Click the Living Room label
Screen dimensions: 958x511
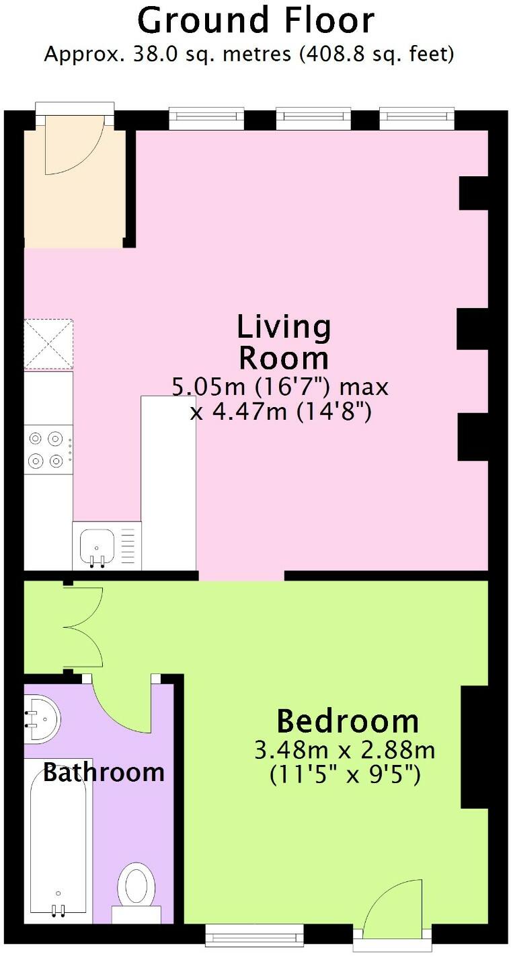click(x=284, y=342)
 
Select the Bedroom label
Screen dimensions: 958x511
click(x=348, y=721)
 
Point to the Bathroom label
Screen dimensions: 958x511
click(x=104, y=772)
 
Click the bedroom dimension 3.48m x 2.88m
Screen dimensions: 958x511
click(x=345, y=749)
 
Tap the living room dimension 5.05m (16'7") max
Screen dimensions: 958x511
click(x=280, y=388)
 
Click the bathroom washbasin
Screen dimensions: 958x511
click(x=40, y=718)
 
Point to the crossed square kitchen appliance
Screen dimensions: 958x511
click(x=48, y=344)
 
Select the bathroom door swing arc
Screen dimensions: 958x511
click(x=121, y=706)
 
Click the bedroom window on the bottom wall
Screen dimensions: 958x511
click(x=254, y=934)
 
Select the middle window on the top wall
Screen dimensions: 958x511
click(x=313, y=119)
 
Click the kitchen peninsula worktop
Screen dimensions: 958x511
click(x=168, y=481)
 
